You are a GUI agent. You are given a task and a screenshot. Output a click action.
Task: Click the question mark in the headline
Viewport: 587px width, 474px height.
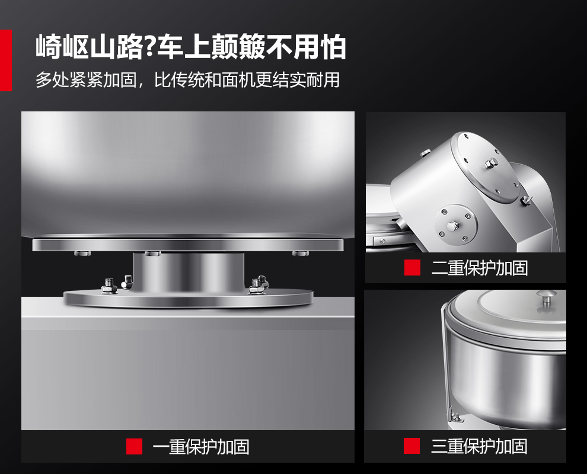click(x=150, y=47)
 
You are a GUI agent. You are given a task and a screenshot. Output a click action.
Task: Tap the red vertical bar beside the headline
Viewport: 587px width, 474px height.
click(x=6, y=60)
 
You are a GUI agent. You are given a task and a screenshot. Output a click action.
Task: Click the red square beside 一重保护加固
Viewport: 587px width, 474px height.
click(x=134, y=446)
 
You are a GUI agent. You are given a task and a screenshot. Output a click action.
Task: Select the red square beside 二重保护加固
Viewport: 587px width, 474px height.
click(x=412, y=268)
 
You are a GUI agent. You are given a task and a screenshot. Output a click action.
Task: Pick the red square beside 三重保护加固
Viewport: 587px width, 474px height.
click(x=412, y=446)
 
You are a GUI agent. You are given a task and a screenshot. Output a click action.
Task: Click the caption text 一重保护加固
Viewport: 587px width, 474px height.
click(x=200, y=447)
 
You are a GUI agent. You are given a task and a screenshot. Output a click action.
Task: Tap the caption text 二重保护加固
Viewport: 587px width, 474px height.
click(x=480, y=268)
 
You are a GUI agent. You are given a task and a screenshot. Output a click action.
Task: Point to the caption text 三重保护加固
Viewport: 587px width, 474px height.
click(x=479, y=446)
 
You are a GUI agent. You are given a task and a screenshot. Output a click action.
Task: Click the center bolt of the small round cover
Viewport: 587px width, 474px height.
click(x=453, y=226)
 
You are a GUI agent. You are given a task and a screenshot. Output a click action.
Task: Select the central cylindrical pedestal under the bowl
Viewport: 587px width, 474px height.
click(x=189, y=273)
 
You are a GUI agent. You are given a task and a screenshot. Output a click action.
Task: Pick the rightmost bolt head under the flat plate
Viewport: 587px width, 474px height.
click(x=301, y=253)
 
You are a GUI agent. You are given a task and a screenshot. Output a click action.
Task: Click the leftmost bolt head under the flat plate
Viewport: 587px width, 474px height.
click(x=82, y=253)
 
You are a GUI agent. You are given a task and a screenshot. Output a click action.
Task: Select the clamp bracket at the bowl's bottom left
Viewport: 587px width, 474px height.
click(x=455, y=415)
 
